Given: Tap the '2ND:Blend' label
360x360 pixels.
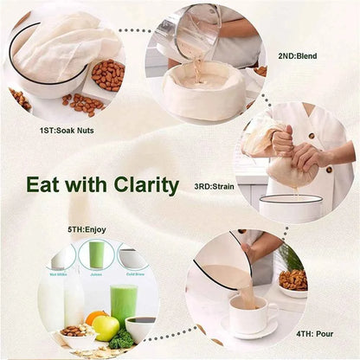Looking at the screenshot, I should [x=297, y=56].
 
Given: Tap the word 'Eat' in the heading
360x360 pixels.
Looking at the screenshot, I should [x=44, y=185].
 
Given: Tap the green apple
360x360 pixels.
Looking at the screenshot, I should [x=106, y=327].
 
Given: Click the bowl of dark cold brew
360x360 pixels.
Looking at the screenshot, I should [x=140, y=327].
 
